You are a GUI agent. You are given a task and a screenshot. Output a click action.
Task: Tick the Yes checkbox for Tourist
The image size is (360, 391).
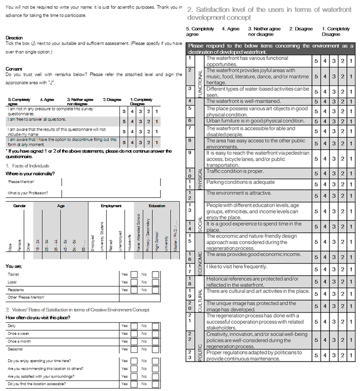pos(134,275)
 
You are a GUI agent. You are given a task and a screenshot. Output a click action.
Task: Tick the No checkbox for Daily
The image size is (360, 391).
pos(155,326)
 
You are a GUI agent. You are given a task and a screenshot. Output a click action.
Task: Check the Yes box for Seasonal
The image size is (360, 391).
pos(134,349)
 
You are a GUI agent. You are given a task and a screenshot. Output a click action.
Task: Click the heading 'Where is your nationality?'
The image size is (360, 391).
pos(31,173)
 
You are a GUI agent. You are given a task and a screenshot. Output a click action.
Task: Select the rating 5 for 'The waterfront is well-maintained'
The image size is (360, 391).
pos(316,102)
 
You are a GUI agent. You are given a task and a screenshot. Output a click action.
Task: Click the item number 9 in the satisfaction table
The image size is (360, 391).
pos(190,153)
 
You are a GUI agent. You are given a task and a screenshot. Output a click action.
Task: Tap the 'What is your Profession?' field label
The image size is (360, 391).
pos(28,193)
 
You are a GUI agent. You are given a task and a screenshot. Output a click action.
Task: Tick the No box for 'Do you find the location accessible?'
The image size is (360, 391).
pos(155,384)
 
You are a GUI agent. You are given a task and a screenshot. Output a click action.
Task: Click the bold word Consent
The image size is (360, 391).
pos(14,69)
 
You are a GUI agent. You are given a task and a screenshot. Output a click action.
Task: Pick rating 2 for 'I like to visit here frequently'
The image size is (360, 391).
pos(342,269)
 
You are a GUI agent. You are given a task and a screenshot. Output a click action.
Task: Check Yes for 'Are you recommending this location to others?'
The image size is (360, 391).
pos(134,368)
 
